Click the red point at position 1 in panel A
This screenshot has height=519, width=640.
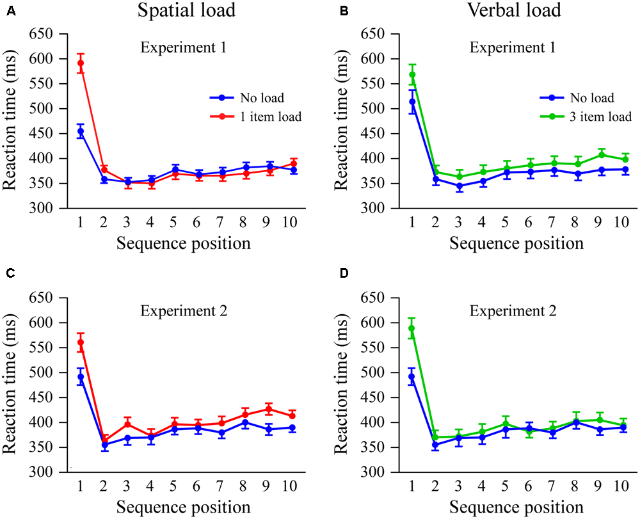[80, 63]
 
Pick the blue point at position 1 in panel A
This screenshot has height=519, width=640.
[80, 131]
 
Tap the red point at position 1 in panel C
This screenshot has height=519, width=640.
[80, 342]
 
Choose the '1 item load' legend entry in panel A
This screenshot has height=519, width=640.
[269, 116]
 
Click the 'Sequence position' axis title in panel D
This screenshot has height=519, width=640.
[516, 507]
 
